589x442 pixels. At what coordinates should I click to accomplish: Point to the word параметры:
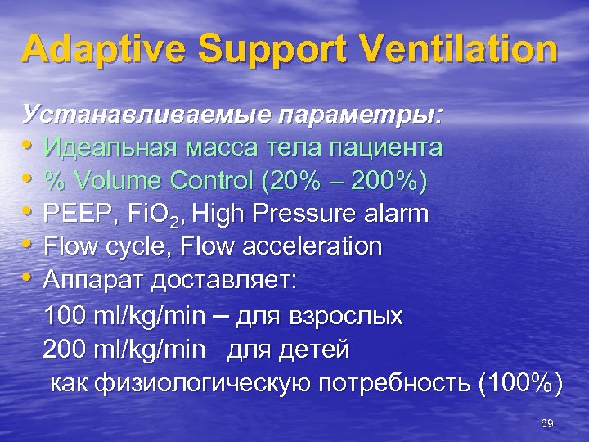pos(359,114)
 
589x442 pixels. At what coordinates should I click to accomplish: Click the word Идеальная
pos(116,148)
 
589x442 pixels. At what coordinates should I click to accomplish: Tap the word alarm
pos(394,214)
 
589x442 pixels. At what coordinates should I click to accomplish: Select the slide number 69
pos(547,422)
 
